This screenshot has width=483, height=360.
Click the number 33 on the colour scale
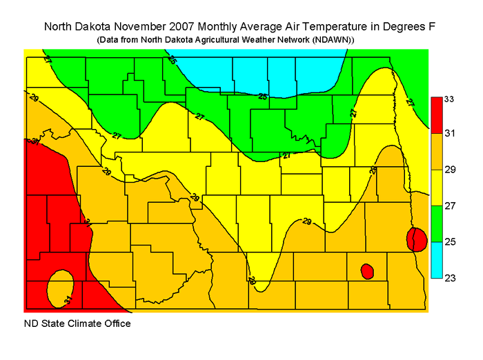(449, 99)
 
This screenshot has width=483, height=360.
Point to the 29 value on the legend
(449, 170)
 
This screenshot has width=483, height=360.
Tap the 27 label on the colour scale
(449, 206)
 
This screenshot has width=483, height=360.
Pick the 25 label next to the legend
(449, 242)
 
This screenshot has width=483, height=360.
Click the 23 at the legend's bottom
(449, 277)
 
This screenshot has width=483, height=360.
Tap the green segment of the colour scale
(436, 223)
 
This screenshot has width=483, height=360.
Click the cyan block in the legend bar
(436, 260)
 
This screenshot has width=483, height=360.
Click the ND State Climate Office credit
(77, 323)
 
